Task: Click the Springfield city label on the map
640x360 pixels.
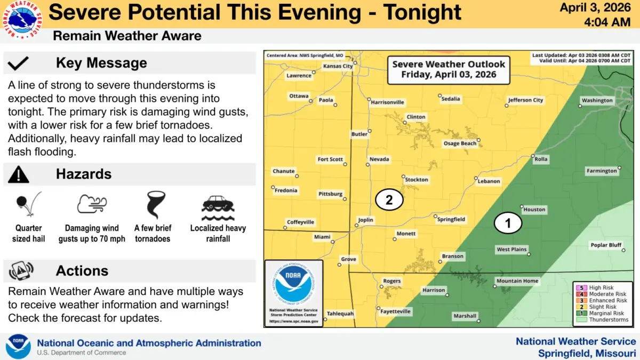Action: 451,219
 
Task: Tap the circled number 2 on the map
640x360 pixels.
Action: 389,200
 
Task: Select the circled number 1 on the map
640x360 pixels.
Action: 508,223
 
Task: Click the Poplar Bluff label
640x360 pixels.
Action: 606,245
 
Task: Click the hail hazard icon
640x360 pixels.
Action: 28,205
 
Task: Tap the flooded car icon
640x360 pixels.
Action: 218,208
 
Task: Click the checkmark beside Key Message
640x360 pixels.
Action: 19,63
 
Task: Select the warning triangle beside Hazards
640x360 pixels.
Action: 19,174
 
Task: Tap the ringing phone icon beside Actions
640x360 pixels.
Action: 21,271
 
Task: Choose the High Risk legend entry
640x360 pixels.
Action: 601,287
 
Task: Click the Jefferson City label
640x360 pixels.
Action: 525,100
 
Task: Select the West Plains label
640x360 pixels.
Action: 511,249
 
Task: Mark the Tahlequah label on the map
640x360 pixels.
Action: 340,314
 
